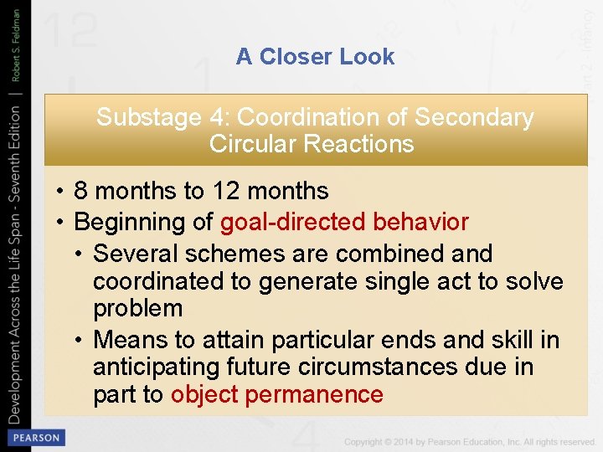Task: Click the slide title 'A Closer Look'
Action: pos(315,57)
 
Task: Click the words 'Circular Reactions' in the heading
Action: pos(312,144)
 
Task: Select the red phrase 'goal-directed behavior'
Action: pos(344,223)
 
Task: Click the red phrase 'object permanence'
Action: pos(276,395)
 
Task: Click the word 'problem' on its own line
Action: pos(137,308)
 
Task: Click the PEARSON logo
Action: pos(35,438)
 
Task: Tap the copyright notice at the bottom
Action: pos(469,441)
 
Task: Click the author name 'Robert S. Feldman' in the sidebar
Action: pos(16,42)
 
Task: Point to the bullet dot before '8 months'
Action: pos(61,192)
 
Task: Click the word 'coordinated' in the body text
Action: pos(160,281)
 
